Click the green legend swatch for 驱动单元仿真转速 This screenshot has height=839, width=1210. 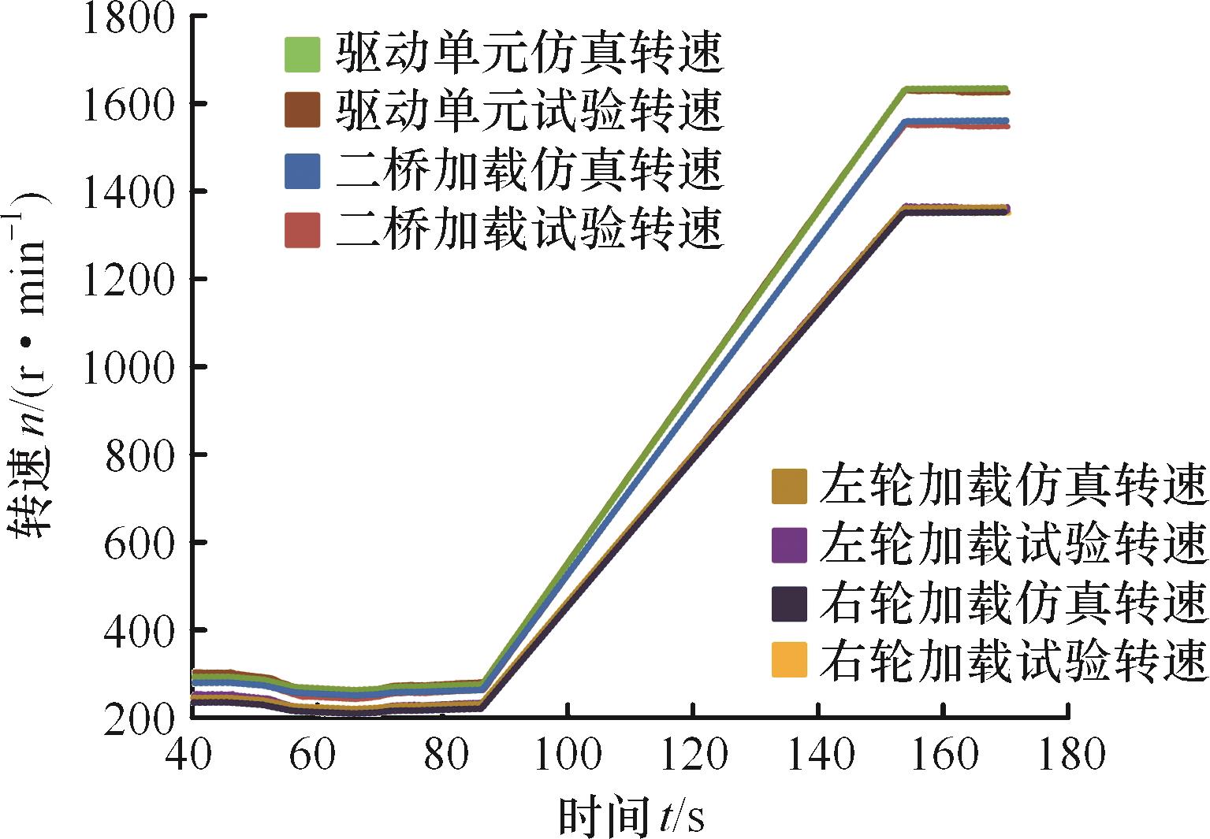click(303, 54)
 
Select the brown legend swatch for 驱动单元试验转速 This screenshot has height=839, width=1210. click(303, 110)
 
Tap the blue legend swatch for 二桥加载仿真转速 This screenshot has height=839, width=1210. click(303, 171)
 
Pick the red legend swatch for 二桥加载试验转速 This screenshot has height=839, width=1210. click(303, 231)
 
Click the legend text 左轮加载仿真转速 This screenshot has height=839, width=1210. click(1013, 486)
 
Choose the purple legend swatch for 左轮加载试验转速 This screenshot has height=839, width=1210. click(789, 545)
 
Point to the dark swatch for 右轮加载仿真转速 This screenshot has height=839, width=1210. click(789, 605)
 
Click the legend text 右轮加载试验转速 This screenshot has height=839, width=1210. click(1013, 659)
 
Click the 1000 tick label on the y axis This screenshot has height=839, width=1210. click(128, 366)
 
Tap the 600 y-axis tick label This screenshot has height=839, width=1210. click(140, 542)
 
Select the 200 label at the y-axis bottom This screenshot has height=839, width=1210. click(140, 718)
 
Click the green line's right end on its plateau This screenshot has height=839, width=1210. click(1006, 89)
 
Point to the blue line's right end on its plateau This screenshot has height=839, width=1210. click(1006, 121)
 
